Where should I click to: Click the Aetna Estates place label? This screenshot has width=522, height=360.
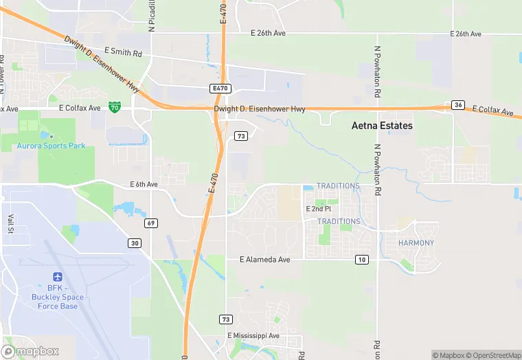click(x=382, y=126)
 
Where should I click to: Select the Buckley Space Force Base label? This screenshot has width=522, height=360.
click(x=58, y=302)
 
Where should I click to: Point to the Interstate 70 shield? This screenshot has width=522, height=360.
click(x=115, y=107)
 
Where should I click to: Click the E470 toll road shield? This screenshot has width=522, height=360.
click(x=220, y=89)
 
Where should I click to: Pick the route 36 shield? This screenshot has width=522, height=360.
click(x=459, y=105)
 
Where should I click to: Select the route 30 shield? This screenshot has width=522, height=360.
click(x=134, y=243)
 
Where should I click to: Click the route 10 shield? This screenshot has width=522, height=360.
click(x=361, y=259)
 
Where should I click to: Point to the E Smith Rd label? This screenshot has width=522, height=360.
click(x=123, y=52)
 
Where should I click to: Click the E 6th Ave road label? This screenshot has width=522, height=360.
click(x=144, y=184)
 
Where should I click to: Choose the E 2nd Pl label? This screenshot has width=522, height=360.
click(x=318, y=208)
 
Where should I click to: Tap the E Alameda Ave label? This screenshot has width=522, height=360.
click(x=264, y=260)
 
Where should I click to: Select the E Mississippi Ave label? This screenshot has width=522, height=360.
click(x=253, y=335)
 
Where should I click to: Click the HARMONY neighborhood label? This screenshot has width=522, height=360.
click(x=416, y=243)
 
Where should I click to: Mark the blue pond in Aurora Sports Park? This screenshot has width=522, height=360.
click(x=45, y=135)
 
